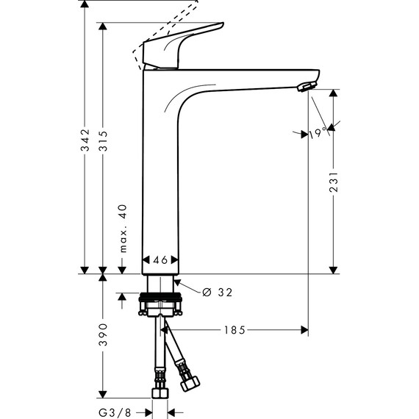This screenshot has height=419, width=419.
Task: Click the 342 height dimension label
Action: click(x=85, y=146)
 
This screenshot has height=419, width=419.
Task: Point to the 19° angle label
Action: click(x=317, y=133)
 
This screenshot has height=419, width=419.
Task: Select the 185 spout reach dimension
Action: click(x=234, y=330)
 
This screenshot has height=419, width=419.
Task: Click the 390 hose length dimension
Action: click(x=104, y=335)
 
